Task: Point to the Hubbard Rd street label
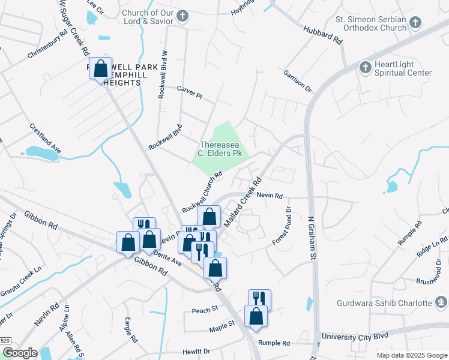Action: [322, 35]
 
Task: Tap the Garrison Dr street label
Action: [298, 82]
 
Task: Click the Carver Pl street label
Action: [190, 92]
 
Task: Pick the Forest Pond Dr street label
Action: [281, 226]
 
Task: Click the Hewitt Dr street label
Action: [198, 352]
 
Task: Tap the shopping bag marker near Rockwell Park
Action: [100, 69]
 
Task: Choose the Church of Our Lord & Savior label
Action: [148, 17]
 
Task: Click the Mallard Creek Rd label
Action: [243, 202]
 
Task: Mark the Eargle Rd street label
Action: [128, 328]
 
